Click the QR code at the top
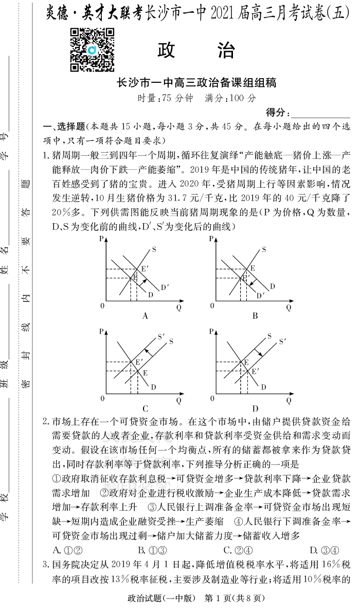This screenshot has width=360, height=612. coord(92,50)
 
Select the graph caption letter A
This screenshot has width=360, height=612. coord(145,316)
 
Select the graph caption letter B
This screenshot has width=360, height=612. coord(255,316)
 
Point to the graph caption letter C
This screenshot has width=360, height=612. coord(145,409)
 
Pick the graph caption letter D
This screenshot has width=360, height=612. coord(255,409)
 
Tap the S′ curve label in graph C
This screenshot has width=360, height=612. coord(161,337)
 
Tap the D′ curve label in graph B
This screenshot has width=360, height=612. coord(260,295)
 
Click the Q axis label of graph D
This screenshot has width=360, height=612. coord(289,400)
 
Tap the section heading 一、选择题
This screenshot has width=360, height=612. coord(64,127)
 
